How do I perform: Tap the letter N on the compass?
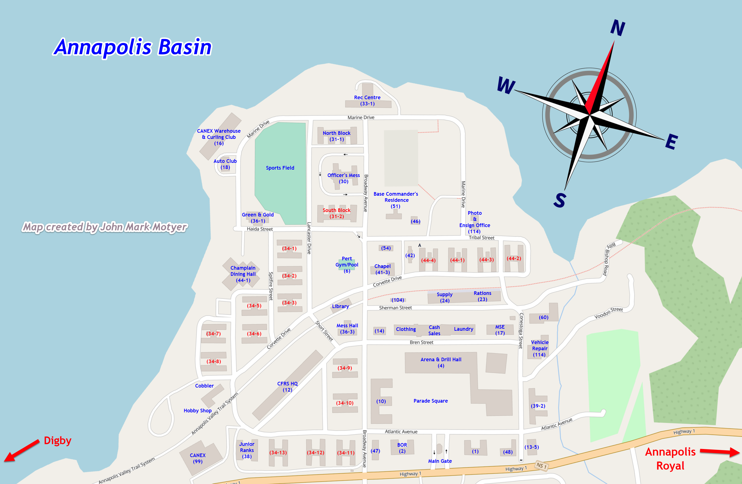617,28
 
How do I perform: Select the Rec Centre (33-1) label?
367,100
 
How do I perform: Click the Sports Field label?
280,168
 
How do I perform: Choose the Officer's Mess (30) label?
344,178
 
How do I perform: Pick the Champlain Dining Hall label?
243,274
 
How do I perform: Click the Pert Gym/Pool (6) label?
347,265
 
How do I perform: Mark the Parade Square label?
431,401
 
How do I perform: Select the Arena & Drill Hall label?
441,363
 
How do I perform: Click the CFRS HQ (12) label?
287,386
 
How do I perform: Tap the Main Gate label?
440,461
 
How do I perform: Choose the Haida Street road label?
260,229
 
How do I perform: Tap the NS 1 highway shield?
541,465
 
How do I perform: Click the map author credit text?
105,227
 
